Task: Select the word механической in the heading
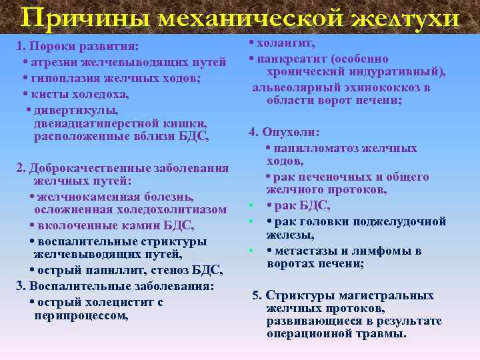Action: pyautogui.click(x=252, y=17)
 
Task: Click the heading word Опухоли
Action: pyautogui.click(x=297, y=132)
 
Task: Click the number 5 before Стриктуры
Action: pyautogui.click(x=256, y=295)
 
